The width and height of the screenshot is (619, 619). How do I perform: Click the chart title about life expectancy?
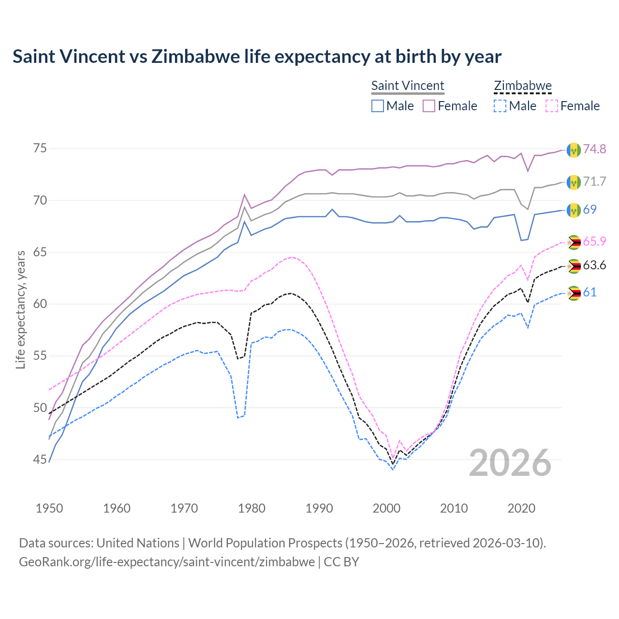pos(257,57)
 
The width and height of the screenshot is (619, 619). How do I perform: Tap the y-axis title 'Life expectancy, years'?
pos(20,309)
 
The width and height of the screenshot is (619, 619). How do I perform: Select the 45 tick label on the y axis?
pos(41,459)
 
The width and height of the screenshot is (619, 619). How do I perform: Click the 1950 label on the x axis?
pos(49,508)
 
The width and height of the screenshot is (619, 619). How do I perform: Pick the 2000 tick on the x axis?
pos(386,508)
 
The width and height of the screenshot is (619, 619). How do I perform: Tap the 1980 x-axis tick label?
pos(251,508)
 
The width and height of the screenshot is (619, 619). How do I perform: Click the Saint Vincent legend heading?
pos(407,86)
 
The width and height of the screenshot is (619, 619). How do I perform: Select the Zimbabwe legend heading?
pos(522,86)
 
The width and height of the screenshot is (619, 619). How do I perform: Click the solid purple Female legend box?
pos(429,106)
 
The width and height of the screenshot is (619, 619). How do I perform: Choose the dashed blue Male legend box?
pos(500,106)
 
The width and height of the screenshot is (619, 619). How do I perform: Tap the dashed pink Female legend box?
pos(552,106)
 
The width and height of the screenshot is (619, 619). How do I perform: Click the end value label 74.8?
pos(594,149)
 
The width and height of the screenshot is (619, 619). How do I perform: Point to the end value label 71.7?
pos(594,181)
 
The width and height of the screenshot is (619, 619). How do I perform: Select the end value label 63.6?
pos(594,265)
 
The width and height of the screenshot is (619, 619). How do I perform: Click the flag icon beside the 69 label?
pos(574,210)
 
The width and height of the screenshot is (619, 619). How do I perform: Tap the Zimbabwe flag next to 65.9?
pos(574,242)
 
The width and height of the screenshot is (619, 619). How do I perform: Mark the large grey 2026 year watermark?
pos(510,463)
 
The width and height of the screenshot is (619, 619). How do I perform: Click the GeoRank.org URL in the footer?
pos(167,562)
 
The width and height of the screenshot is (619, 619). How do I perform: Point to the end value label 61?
pos(590,292)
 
